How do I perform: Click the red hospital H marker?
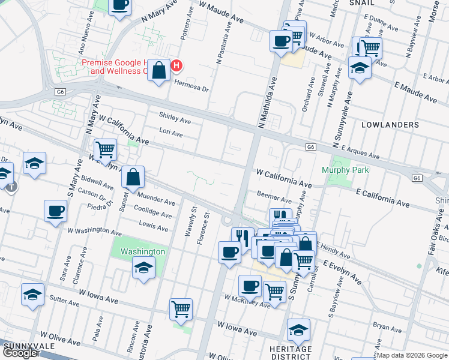coord(176,66)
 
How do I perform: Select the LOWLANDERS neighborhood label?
coord(390,125)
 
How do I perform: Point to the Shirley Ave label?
coord(175,118)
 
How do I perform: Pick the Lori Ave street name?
coord(171,133)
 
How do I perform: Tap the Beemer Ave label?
coord(274,197)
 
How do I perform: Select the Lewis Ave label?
coord(154,226)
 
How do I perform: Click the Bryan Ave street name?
coord(387,326)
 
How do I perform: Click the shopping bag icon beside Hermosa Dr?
coord(158,71)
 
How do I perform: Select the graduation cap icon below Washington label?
coord(144,268)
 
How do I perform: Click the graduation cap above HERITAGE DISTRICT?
coord(298,330)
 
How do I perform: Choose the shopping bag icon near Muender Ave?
coord(133,177)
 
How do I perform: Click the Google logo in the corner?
coord(20,353)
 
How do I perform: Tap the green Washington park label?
coord(142,251)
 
